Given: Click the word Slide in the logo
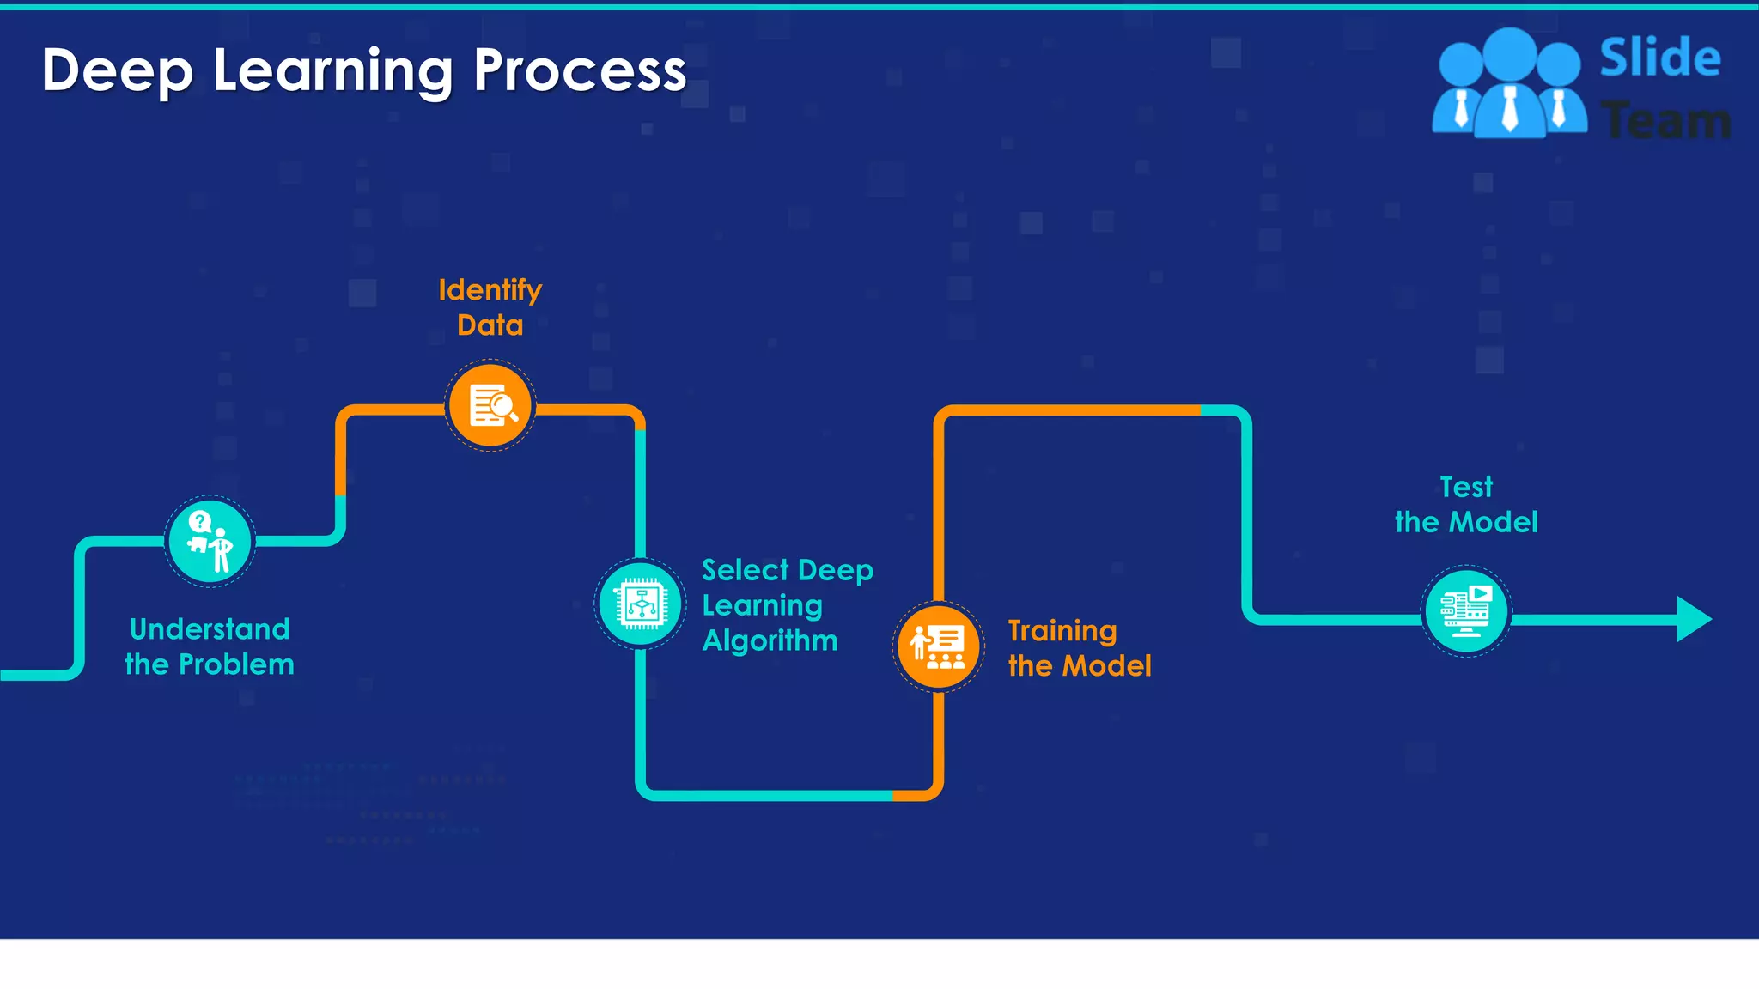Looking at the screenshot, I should pyautogui.click(x=1659, y=58).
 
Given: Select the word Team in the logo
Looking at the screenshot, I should pyautogui.click(x=1666, y=121).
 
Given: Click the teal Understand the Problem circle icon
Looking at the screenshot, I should pyautogui.click(x=210, y=542).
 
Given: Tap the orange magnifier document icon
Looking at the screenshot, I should pyautogui.click(x=490, y=406).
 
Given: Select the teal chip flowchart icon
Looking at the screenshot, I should pyautogui.click(x=640, y=604).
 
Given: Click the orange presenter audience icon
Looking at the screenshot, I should pyautogui.click(x=938, y=646).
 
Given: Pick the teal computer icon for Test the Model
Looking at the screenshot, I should pyautogui.click(x=1466, y=611).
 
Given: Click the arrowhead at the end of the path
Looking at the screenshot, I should pyautogui.click(x=1694, y=619).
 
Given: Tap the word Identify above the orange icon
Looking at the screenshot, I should pyautogui.click(x=490, y=290).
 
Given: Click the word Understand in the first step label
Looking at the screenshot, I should pyautogui.click(x=210, y=629).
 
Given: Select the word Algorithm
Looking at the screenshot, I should pyautogui.click(x=770, y=640).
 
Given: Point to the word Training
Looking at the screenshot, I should pyautogui.click(x=1062, y=631).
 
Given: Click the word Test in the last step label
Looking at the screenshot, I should pyautogui.click(x=1466, y=487).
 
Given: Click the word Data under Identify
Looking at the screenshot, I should pyautogui.click(x=490, y=325).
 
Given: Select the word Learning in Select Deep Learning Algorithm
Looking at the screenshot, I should pyautogui.click(x=762, y=606).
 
